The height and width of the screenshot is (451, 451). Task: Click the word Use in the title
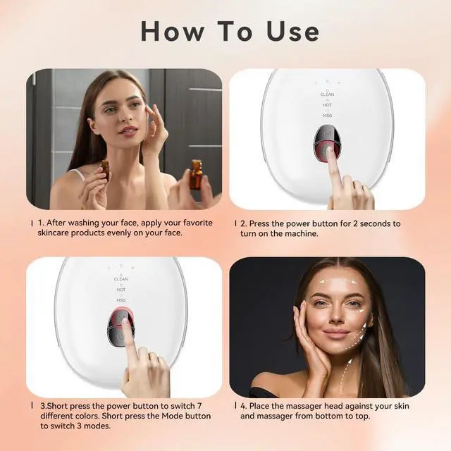(x=293, y=31)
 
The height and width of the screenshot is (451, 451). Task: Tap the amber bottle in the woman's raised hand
(x=105, y=170)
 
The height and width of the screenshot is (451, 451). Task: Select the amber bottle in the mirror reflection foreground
(x=196, y=175)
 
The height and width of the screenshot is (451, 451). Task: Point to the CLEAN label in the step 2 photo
(x=327, y=94)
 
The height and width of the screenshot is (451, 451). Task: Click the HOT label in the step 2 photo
(x=327, y=105)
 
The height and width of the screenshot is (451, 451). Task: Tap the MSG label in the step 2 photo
(x=327, y=116)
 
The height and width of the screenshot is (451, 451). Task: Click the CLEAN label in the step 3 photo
(x=121, y=279)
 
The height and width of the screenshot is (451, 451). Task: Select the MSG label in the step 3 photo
(x=121, y=300)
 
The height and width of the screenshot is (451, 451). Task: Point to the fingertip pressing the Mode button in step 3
(x=125, y=323)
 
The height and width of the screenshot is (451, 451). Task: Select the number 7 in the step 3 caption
(x=199, y=406)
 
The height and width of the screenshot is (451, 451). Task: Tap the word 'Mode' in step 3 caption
(x=172, y=416)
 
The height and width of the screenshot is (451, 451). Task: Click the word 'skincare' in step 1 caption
(x=54, y=233)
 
